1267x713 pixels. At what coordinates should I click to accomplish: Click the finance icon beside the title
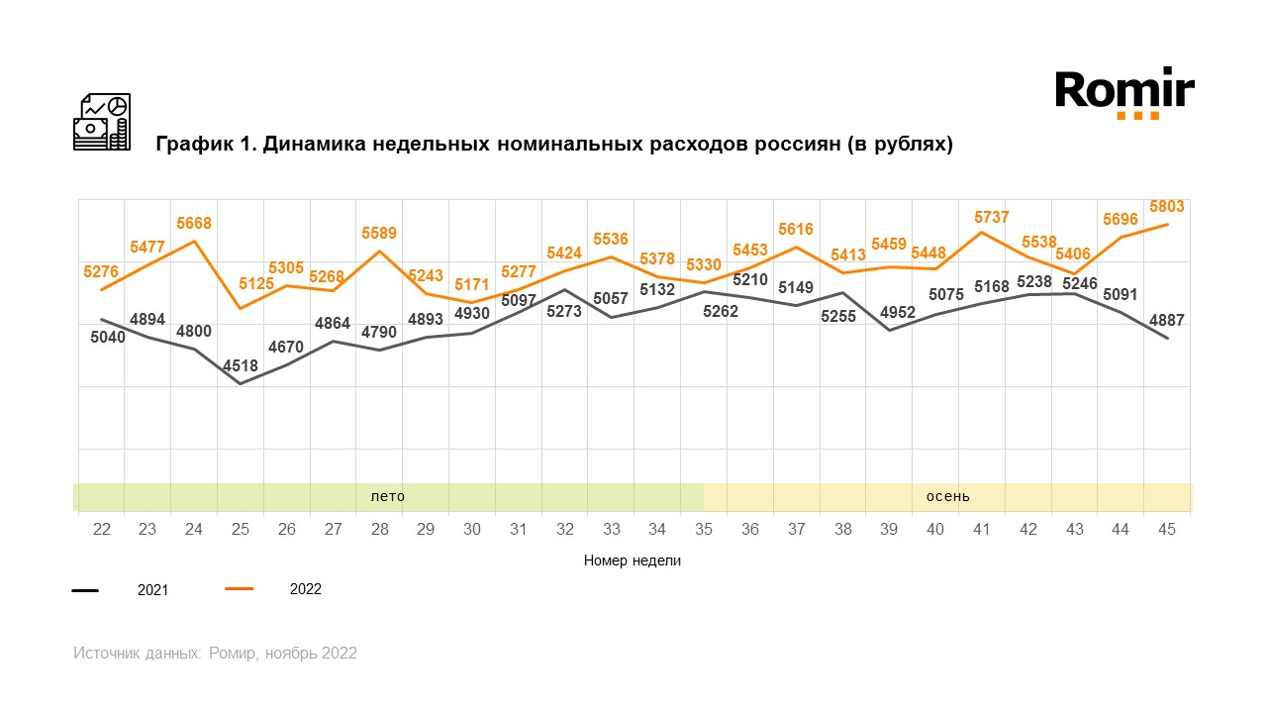coord(102,122)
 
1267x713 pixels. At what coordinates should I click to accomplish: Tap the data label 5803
coord(1166,206)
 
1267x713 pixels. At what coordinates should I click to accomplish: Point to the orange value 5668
coord(193,223)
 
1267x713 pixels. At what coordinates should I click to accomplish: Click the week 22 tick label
coord(101,530)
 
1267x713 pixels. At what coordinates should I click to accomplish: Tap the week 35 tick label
coord(703,530)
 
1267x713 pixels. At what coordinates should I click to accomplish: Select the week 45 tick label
coord(1166,530)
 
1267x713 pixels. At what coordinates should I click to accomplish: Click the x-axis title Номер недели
coord(633,560)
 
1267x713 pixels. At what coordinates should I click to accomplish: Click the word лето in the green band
coord(387,496)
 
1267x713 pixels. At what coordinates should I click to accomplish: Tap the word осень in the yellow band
coord(947,496)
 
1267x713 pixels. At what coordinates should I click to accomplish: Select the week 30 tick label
coord(471,530)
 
